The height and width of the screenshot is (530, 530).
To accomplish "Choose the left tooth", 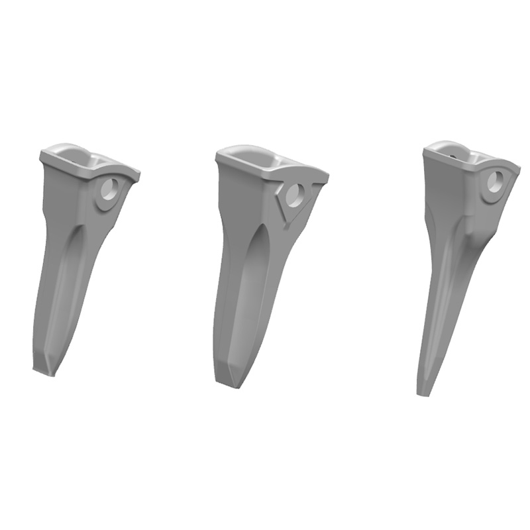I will point(73,252).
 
